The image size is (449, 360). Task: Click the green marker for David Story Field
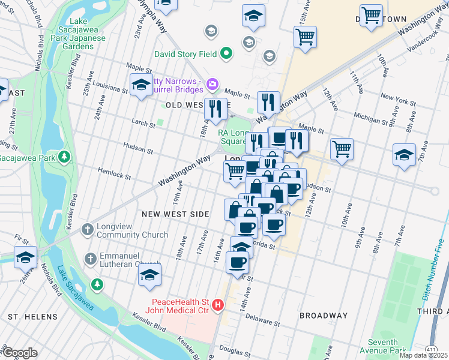[x=226, y=54]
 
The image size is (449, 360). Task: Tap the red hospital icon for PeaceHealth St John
[x=218, y=305]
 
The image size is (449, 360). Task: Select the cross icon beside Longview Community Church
[x=87, y=229]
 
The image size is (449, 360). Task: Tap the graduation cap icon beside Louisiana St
[x=141, y=85]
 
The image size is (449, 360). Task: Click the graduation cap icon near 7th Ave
[x=404, y=154]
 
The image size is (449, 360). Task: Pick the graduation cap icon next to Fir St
[x=25, y=257]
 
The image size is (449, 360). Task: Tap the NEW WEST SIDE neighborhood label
[x=175, y=214]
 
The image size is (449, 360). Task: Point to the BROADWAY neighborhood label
[x=324, y=316]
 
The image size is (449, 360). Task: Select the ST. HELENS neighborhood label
[x=32, y=316]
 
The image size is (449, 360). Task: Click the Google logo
[x=19, y=353]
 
